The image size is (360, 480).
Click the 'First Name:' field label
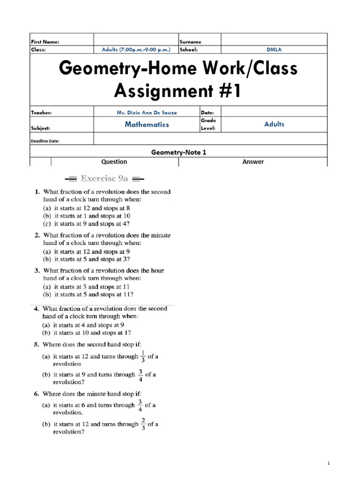(x=45, y=42)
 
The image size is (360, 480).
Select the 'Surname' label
(x=190, y=42)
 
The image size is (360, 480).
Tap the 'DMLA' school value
(x=274, y=49)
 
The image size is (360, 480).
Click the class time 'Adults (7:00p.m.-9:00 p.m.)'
(x=136, y=49)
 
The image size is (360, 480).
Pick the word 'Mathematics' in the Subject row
(x=147, y=125)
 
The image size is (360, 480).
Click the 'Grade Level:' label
(x=208, y=124)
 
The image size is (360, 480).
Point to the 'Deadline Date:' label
(x=45, y=141)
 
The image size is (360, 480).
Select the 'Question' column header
(x=114, y=162)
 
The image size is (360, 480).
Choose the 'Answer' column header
(x=253, y=162)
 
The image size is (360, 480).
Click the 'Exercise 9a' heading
(x=104, y=178)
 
